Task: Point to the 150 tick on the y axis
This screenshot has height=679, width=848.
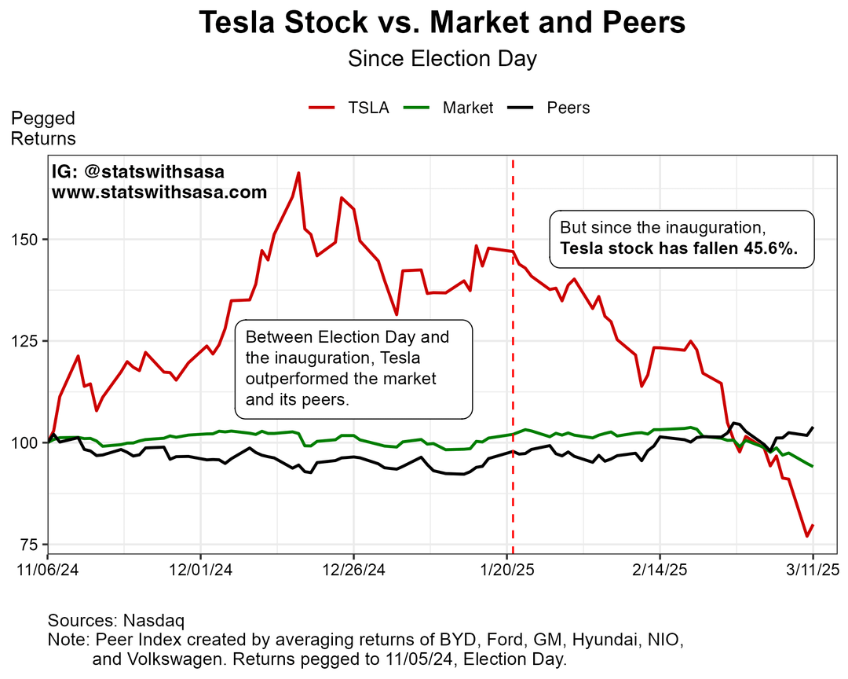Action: (x=28, y=239)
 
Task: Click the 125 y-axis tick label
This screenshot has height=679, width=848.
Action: (x=28, y=341)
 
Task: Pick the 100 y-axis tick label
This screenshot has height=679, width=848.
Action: (x=28, y=443)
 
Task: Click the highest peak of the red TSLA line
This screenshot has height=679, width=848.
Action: (x=298, y=173)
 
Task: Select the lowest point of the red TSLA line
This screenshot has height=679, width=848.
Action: (x=806, y=536)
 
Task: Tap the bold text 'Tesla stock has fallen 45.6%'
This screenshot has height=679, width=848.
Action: (x=678, y=248)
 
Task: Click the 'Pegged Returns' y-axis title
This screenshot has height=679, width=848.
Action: (x=43, y=128)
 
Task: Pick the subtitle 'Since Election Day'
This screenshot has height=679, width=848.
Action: (x=442, y=59)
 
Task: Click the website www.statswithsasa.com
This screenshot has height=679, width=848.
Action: (x=159, y=193)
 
